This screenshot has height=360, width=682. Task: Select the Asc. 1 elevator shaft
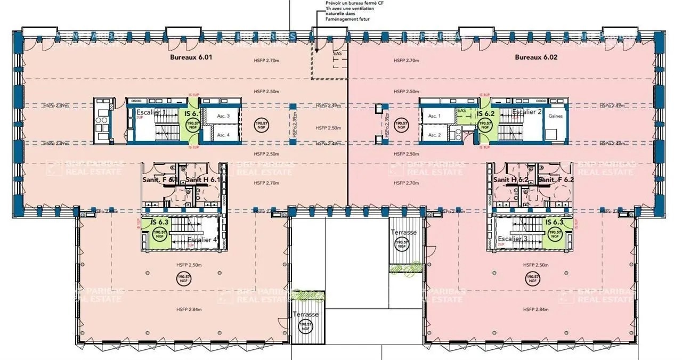pyautogui.click(x=435, y=116)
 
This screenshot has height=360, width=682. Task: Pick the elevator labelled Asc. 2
pyautogui.click(x=435, y=135)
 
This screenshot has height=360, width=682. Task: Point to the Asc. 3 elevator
pyautogui.click(x=223, y=116)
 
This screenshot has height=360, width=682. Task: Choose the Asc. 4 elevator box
pyautogui.click(x=223, y=135)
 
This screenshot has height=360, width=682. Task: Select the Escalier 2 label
pyautogui.click(x=527, y=112)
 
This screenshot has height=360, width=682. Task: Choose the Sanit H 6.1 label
pyautogui.click(x=203, y=180)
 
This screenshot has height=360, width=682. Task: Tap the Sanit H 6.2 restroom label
pyautogui.click(x=510, y=180)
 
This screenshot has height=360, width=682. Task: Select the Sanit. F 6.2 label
pyautogui.click(x=556, y=180)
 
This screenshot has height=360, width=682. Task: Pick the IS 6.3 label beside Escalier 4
pyautogui.click(x=160, y=222)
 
